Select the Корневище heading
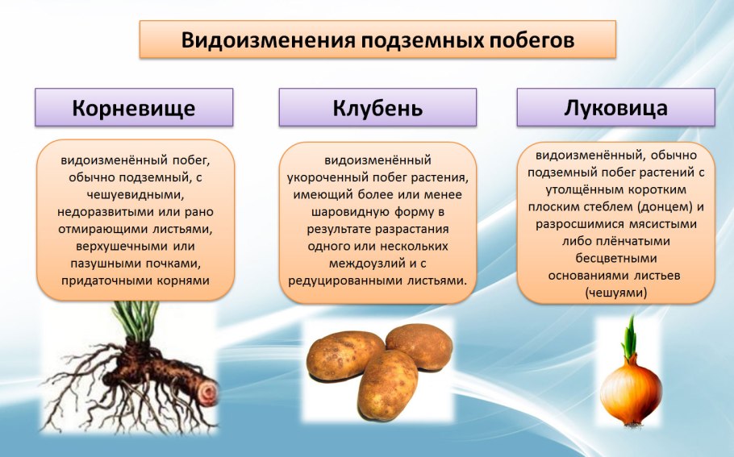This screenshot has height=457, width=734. coord(134,107)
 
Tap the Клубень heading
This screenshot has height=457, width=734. coord(377,107)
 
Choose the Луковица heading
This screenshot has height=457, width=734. coord(615,107)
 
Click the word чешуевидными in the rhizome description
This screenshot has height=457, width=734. coord(136,194)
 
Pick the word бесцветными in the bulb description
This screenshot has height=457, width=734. coord(616,258)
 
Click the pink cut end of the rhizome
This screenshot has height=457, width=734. coord(209,393)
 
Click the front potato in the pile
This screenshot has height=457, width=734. coord(389,384)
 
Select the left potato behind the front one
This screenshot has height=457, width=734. coord(343,355)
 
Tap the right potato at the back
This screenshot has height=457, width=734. coord(421,345)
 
